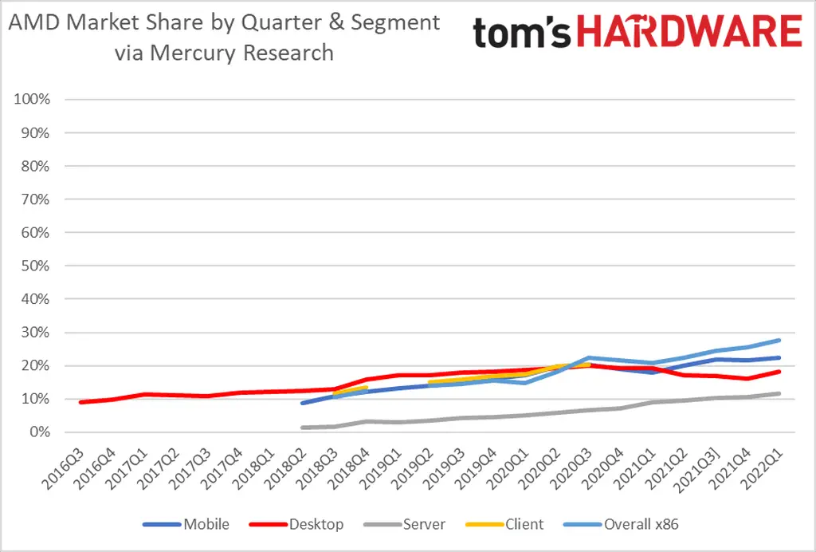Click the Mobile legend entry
(206, 524)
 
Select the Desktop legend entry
(316, 524)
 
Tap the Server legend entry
(423, 524)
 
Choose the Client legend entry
(524, 524)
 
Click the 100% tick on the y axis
(33, 100)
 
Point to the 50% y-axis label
(36, 266)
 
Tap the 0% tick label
(40, 432)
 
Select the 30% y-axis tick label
(36, 333)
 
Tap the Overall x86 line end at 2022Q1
(779, 341)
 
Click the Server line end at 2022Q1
(779, 393)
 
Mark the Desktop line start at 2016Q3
(80, 402)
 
